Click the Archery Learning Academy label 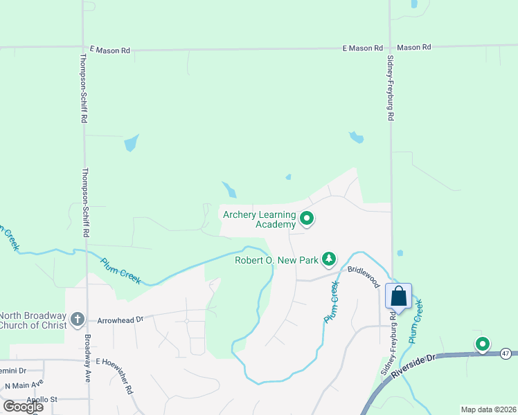point(259,219)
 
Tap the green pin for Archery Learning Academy point(307,219)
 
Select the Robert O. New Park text point(276,260)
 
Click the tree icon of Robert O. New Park point(329,259)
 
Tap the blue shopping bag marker point(399,296)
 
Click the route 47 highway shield point(508,353)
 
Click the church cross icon point(78,320)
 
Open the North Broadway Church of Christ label point(34,320)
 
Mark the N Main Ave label point(24,385)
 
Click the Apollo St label point(42,400)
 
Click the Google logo point(23,406)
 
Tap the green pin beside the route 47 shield point(482,343)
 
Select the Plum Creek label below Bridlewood point(332,302)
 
